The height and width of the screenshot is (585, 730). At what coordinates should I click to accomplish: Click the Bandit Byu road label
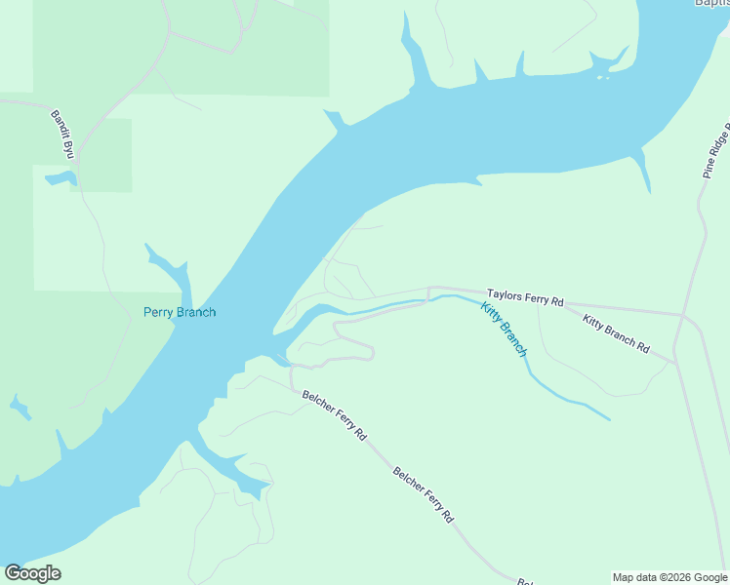[63, 134]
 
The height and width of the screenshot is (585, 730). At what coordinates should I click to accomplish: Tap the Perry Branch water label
[180, 312]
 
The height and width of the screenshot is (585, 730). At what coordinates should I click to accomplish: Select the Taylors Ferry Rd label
[526, 297]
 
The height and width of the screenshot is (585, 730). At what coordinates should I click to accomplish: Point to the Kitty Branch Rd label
[616, 332]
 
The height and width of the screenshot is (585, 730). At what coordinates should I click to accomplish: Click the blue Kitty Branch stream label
[504, 329]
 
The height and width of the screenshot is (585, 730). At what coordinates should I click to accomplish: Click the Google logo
[32, 573]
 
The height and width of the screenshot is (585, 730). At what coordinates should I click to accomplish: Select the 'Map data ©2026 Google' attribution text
[669, 577]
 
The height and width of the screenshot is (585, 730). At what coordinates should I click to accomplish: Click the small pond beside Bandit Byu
[60, 178]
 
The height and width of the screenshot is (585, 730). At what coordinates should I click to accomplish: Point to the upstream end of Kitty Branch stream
[609, 419]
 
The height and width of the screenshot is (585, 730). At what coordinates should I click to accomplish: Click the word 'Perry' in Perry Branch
[159, 312]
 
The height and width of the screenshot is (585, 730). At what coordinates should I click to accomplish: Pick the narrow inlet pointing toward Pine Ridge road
[644, 172]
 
